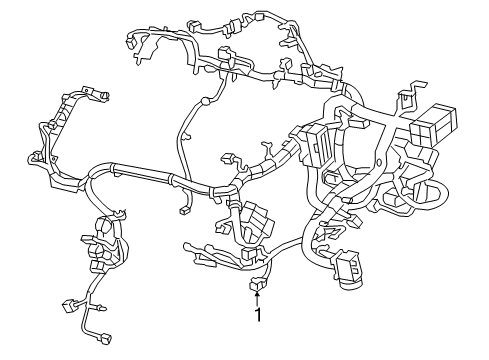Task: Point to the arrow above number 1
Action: tap(259, 297)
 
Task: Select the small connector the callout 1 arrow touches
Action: tap(258, 285)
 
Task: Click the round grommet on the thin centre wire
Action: tap(205, 100)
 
